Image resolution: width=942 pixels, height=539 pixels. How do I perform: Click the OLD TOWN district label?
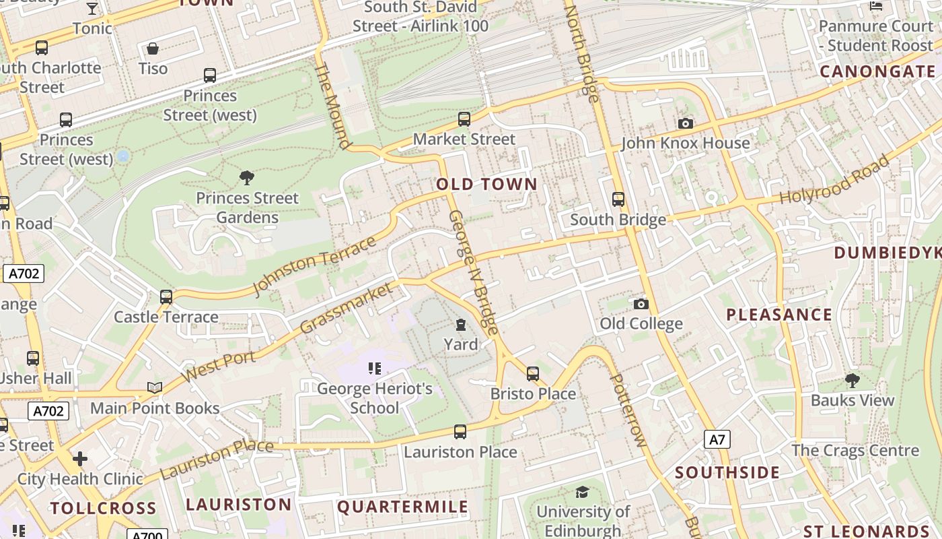tap(486, 184)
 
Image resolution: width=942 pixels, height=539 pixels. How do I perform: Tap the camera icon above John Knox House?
tap(686, 123)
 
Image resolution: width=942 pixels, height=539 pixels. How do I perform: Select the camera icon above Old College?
tap(641, 304)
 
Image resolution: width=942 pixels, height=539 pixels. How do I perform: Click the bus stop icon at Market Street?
tap(464, 119)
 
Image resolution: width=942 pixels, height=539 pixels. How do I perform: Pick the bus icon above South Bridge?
tap(618, 199)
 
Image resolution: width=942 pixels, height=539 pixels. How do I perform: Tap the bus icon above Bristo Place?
tap(532, 373)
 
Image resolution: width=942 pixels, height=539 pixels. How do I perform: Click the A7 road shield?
tap(717, 440)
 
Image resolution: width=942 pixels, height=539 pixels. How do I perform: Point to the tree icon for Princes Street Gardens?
tap(247, 178)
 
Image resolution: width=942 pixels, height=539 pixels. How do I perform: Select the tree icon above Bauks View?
tap(852, 381)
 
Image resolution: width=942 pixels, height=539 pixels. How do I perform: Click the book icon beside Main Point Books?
tap(155, 387)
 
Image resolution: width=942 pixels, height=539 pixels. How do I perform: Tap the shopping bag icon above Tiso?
tap(153, 49)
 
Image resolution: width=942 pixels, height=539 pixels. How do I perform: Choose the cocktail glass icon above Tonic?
tap(92, 8)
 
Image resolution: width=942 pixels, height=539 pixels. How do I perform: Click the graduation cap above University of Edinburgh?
tap(582, 493)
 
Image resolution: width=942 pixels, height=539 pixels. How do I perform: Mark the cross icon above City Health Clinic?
tap(80, 459)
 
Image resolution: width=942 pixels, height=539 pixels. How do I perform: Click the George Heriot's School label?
tap(375, 398)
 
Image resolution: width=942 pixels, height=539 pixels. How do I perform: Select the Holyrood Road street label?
tap(834, 180)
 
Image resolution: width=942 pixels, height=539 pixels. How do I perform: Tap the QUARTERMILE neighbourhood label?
tap(402, 507)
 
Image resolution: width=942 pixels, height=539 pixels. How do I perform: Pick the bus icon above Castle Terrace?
tap(166, 297)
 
